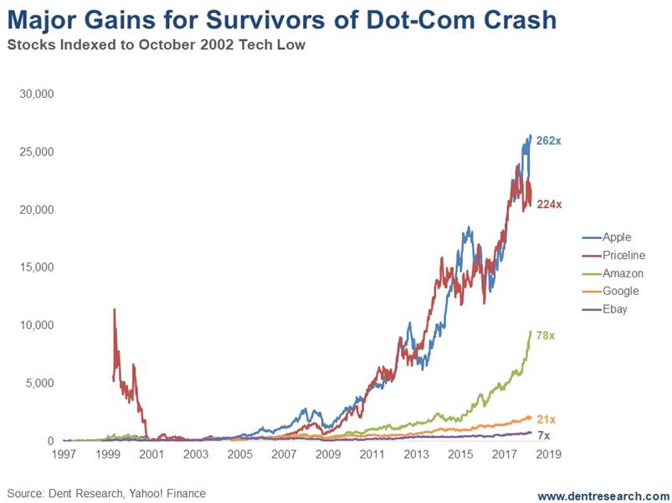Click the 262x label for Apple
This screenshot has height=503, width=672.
tap(548, 141)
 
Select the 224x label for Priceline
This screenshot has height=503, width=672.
tap(548, 204)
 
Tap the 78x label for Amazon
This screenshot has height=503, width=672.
tap(546, 336)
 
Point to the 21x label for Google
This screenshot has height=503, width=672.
tap(546, 419)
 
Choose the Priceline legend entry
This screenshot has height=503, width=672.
tap(623, 256)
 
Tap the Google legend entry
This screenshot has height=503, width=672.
tap(620, 291)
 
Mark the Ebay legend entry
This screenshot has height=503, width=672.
tap(614, 309)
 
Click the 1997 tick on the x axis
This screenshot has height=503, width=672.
tap(64, 455)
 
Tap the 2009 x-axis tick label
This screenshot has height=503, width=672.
tap(326, 455)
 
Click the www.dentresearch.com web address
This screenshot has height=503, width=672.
tap(603, 495)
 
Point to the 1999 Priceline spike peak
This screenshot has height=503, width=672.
tap(114, 309)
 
